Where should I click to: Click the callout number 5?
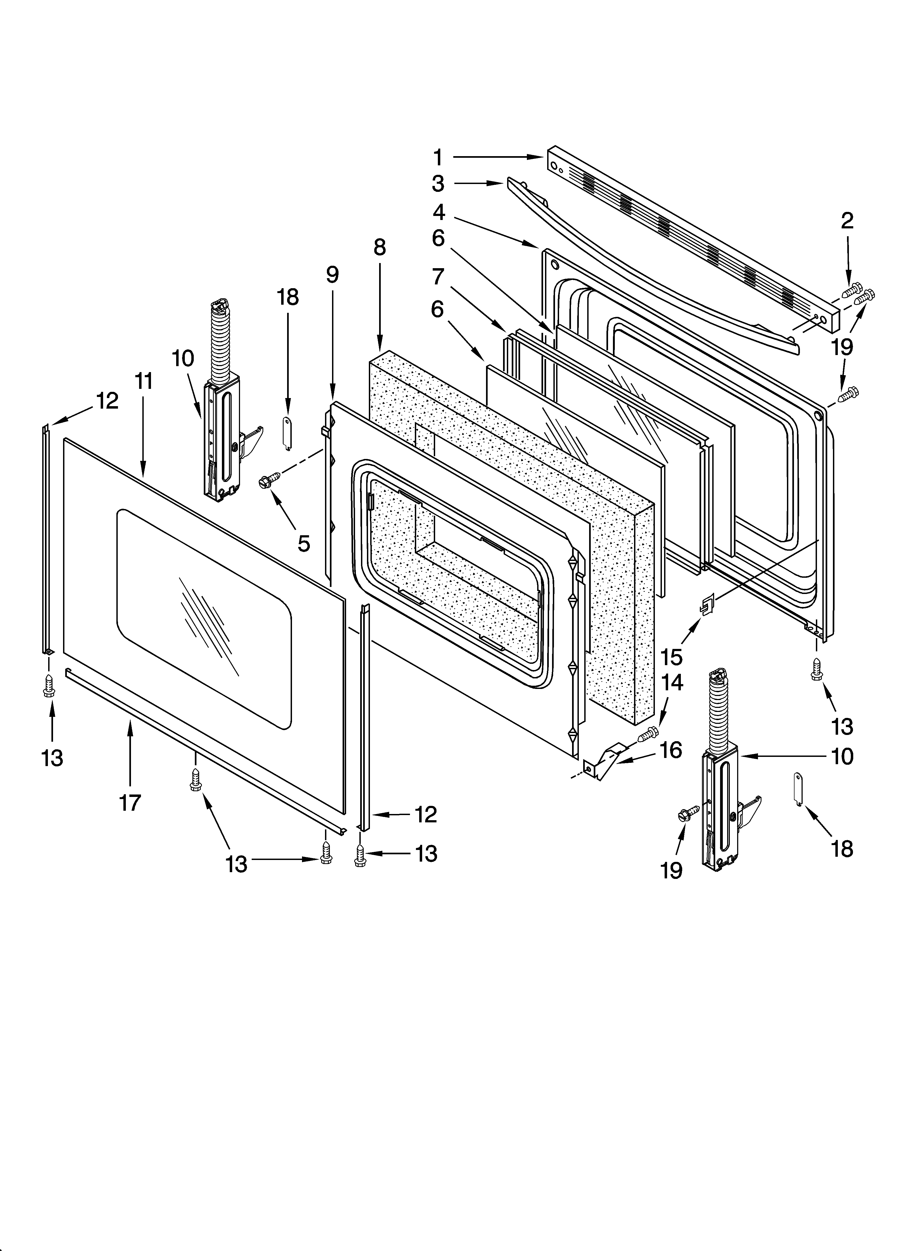coord(303,543)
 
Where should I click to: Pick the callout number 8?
coord(380,248)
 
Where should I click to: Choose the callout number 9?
coord(332,275)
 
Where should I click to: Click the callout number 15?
coord(671,657)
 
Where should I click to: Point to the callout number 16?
coord(671,750)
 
